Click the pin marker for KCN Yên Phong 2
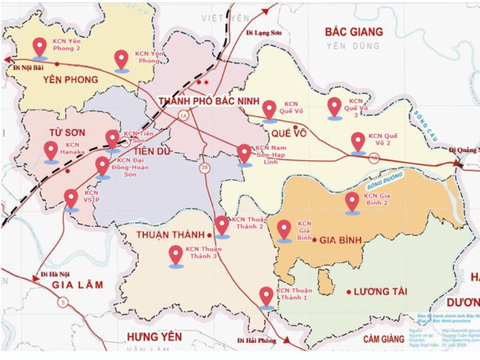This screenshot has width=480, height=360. point(39,47)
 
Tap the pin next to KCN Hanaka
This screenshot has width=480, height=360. point(51,150)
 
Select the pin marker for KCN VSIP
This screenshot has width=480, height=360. point(72,199)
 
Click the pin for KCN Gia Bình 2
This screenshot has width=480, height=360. point(352,201)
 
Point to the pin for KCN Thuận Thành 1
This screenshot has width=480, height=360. point(266,296)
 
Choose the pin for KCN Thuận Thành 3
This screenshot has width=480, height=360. point(175,256)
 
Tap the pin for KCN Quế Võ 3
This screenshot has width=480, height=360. point(334,107)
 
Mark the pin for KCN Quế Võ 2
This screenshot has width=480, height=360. point(358,142)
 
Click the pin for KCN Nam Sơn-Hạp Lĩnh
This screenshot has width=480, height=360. point(244,154)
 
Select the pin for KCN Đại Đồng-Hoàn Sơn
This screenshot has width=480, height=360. point(103,167)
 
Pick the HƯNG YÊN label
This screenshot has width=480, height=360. point(153,337)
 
